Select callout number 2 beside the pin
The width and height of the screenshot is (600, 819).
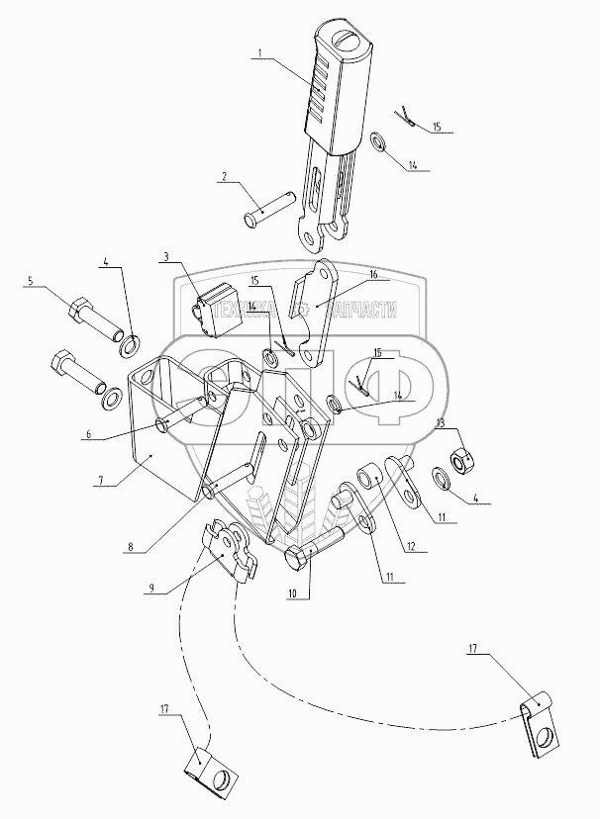click(225, 177)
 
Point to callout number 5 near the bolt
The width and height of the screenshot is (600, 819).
click(30, 282)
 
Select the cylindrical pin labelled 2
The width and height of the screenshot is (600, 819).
click(267, 211)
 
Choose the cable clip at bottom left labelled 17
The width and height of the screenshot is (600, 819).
click(211, 769)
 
